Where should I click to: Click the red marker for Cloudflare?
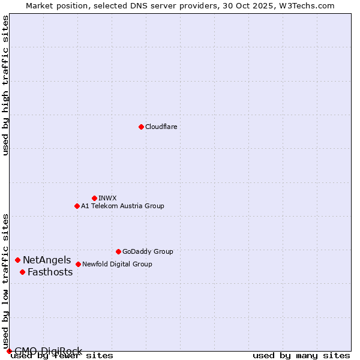141,127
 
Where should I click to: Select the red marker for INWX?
94,198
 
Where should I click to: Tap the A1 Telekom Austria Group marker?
77,206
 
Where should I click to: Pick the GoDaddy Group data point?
118,251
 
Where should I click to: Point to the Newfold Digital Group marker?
78,264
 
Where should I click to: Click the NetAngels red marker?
18,260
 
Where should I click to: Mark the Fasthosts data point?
22,272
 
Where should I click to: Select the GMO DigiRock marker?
9,351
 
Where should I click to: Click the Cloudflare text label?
161,127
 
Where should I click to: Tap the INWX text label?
107,198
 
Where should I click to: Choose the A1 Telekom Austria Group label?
122,206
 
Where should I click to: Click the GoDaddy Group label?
148,251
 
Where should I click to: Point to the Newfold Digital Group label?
117,264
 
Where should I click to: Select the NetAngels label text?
47,260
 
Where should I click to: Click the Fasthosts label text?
50,272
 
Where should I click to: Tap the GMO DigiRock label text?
48,351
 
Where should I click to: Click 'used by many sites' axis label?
301,356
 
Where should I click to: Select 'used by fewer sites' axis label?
62,356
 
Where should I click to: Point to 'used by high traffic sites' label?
6,85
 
